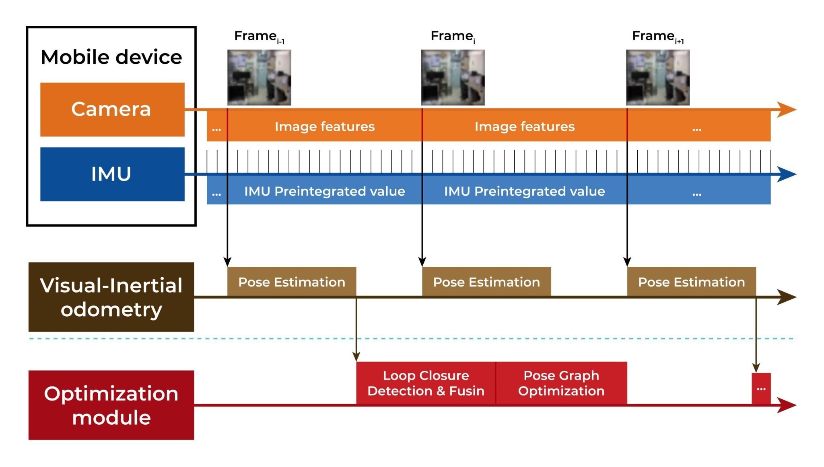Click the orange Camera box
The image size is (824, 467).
coord(112,109)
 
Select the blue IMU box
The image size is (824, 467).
coord(112,174)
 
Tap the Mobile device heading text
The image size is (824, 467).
coord(111,57)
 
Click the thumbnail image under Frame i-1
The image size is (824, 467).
coord(259,77)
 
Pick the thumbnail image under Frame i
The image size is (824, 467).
coord(453,77)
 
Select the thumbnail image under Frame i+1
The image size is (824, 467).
coord(658,77)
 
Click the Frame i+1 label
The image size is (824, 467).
coord(657,37)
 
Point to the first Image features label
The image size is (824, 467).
coord(324,127)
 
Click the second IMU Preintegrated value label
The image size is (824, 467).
coord(524,191)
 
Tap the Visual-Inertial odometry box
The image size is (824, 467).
coord(111,297)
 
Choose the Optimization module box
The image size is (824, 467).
coord(111,405)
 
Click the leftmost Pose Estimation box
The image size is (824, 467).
coord(291,282)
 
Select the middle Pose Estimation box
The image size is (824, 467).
coord(486,282)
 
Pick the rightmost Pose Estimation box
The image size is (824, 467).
coord(691,282)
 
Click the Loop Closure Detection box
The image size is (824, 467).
coord(426,383)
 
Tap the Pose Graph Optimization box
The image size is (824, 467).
coord(561,383)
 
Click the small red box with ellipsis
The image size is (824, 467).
coord(761,388)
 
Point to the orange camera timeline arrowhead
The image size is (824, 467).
coord(786,109)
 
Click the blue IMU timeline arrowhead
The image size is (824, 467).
coord(786,174)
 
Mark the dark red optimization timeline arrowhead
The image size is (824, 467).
coord(786,405)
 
